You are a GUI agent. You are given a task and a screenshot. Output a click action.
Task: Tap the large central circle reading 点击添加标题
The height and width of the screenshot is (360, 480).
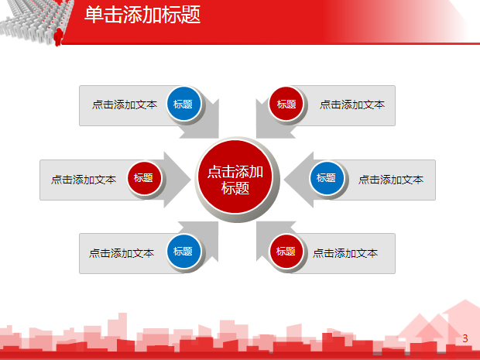tap(235, 180)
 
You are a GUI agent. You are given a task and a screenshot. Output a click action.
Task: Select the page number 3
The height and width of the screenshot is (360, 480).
tap(465, 338)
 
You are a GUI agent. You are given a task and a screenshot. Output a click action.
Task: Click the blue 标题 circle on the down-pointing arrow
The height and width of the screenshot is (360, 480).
tap(183, 105)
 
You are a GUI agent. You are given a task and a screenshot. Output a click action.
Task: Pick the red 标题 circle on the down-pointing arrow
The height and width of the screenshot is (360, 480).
tap(286, 105)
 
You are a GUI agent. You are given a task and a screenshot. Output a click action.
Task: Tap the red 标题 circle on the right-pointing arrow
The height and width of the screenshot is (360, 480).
tap(143, 178)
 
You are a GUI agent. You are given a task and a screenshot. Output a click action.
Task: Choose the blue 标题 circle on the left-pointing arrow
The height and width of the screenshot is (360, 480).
tap(327, 178)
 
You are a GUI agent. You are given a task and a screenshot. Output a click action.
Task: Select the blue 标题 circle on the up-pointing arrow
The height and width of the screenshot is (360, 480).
tap(183, 252)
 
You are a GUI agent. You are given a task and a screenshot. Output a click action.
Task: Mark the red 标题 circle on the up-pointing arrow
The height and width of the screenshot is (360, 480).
tap(286, 252)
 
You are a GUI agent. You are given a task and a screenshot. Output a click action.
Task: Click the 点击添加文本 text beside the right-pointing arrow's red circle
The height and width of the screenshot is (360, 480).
tap(84, 180)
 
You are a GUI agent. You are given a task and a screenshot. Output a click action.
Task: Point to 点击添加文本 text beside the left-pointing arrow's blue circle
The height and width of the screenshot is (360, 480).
tap(391, 180)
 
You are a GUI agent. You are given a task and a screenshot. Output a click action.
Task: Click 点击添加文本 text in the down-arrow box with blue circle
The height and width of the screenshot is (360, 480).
tap(124, 105)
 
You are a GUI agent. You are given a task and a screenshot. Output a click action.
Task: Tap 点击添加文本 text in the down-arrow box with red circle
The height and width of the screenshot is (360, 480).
tap(352, 105)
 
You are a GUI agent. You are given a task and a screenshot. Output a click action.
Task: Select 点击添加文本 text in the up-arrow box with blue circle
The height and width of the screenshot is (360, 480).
tap(122, 252)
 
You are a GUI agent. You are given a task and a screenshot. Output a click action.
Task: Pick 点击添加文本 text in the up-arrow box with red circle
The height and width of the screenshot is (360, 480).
tap(345, 252)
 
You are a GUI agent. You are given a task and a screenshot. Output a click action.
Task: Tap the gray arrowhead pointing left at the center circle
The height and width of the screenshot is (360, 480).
tap(294, 180)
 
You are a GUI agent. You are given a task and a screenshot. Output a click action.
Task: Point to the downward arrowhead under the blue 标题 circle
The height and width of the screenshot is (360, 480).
tap(203, 129)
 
